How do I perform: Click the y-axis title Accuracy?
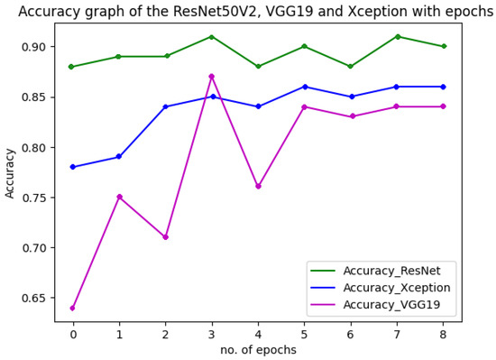coord(11,172)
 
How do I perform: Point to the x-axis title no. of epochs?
coord(258,349)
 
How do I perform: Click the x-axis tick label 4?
coord(258,333)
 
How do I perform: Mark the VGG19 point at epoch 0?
coord(72,308)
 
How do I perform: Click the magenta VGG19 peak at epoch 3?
coord(211,77)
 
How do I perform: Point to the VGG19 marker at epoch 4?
coord(258,187)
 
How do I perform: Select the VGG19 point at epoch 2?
coord(165,237)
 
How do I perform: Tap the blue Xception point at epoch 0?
coord(72,167)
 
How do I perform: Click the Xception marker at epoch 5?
coord(304,87)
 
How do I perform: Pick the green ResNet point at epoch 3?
coord(211,37)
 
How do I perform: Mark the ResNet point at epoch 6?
coord(351,67)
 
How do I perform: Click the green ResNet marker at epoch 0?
coord(72,67)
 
